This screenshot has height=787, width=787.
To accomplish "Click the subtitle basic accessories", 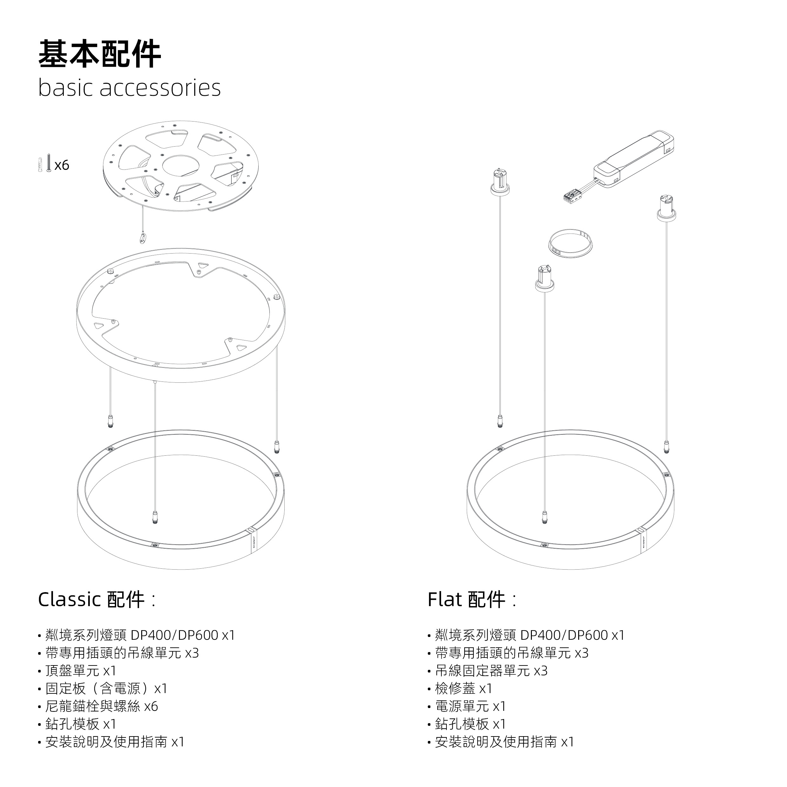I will click(129, 88).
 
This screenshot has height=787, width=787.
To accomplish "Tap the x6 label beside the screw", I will click(62, 165).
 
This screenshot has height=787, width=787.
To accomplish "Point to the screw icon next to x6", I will click(49, 162).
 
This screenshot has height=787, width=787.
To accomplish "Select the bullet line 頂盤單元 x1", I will click(81, 671).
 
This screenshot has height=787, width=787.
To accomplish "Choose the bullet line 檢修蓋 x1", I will click(464, 688).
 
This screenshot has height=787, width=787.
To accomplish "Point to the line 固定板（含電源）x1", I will click(106, 688).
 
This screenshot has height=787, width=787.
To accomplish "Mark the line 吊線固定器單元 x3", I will click(491, 671).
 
